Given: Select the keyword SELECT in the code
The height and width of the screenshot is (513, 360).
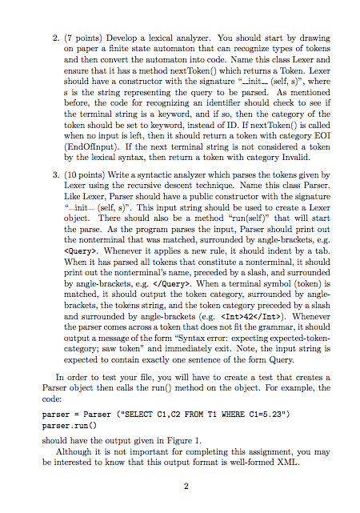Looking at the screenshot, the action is click(x=118, y=415).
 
